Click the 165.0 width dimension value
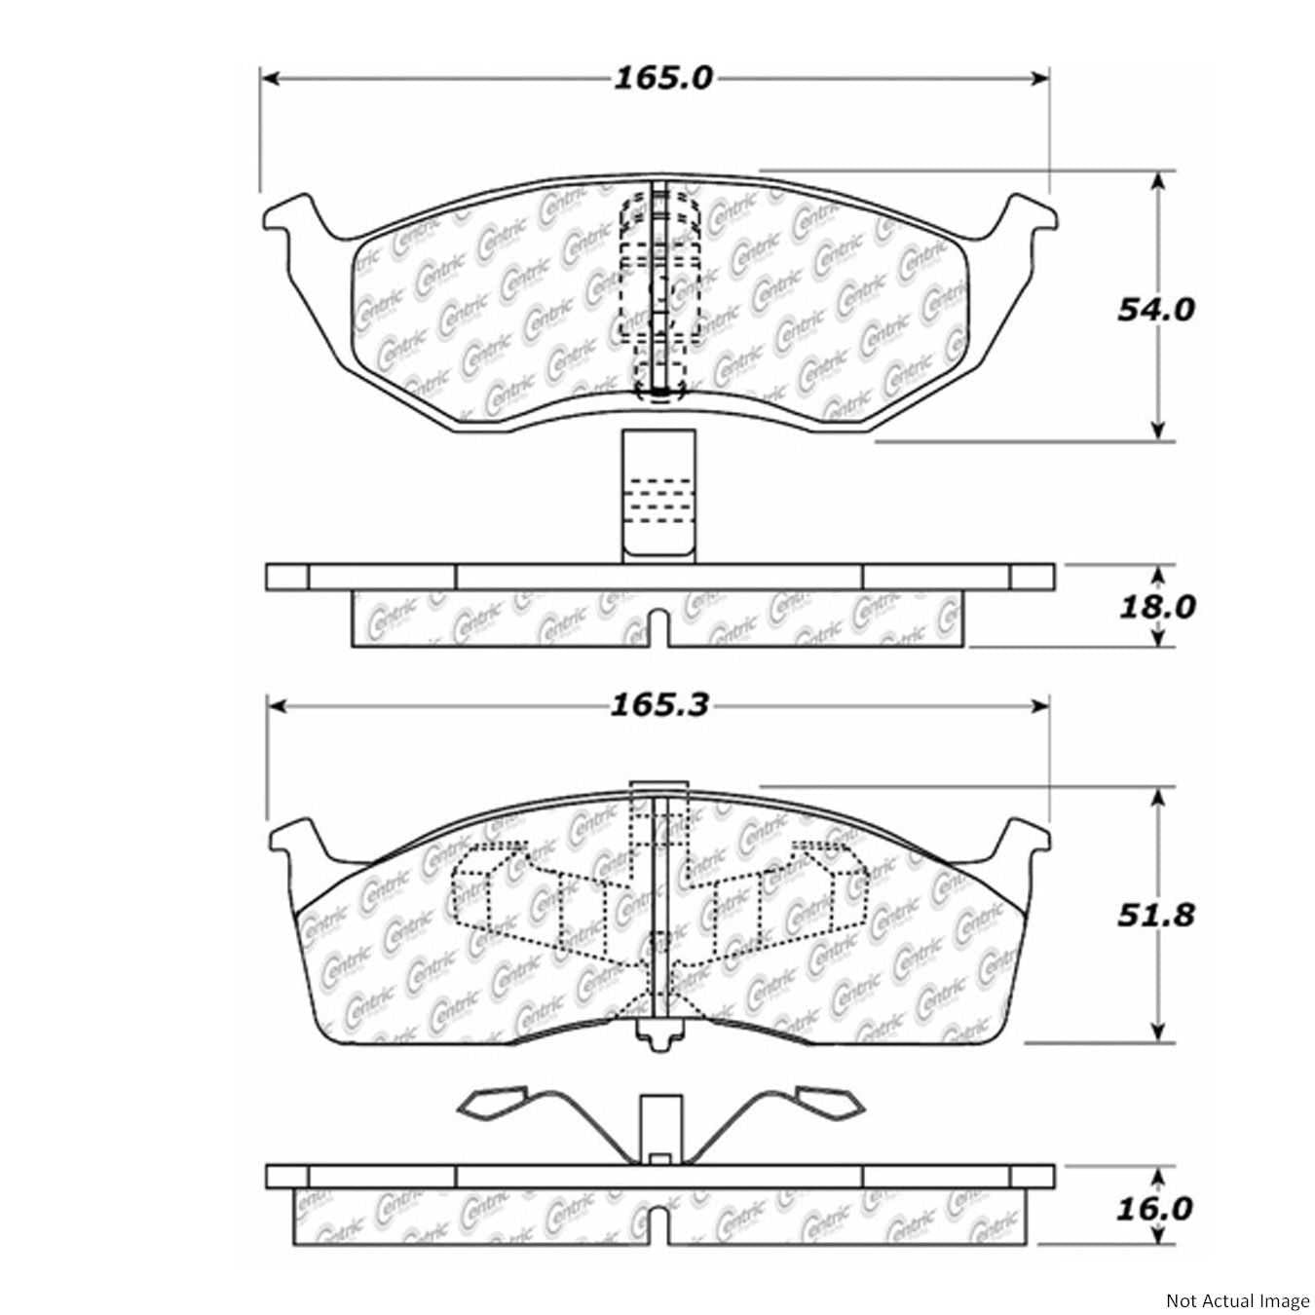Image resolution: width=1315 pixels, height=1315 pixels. (662, 78)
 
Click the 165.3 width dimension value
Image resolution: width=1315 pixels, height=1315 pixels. (659, 704)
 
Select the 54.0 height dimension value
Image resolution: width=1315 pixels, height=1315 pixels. (1154, 309)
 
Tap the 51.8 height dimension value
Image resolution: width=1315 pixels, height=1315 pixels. (1155, 916)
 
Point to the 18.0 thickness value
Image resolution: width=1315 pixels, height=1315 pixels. (1155, 607)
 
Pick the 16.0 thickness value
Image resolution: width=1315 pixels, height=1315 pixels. (1155, 1209)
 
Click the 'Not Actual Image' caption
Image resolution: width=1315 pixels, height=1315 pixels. (1237, 1300)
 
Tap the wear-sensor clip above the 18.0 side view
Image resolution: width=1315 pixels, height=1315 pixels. (660, 497)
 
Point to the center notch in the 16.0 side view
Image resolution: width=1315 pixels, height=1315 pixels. (659, 1225)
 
